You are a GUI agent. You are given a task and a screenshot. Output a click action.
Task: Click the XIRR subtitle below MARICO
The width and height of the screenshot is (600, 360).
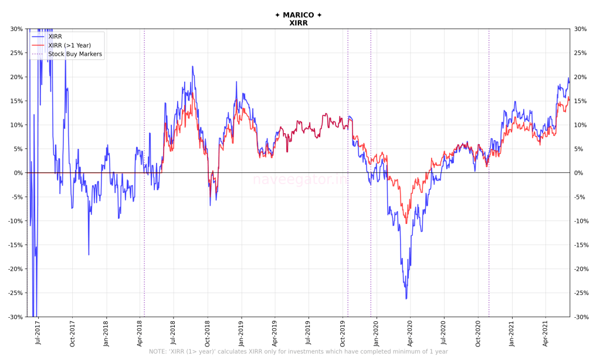(298, 23)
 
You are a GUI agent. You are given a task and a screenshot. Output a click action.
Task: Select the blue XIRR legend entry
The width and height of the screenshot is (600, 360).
(55, 36)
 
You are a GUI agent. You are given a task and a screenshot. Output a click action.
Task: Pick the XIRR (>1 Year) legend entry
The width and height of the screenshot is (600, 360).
(69, 45)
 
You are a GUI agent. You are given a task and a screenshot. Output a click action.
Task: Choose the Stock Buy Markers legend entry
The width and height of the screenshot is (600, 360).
(75, 54)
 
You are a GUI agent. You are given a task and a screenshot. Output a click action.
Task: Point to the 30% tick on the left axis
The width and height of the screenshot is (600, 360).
(16, 29)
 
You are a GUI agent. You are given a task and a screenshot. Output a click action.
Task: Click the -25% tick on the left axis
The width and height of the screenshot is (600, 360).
(15, 293)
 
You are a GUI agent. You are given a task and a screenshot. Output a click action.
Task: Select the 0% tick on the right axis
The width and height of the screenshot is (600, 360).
(579, 173)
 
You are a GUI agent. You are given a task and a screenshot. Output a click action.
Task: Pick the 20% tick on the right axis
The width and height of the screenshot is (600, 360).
(581, 77)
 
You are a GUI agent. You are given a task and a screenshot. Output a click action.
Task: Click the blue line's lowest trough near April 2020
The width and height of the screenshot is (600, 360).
(406, 299)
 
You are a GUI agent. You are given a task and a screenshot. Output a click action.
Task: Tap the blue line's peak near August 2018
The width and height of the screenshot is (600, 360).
(192, 67)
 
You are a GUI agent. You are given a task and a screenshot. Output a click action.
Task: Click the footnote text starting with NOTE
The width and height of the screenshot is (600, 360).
(298, 352)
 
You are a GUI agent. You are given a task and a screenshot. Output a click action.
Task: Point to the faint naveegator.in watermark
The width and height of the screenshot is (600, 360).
(299, 180)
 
